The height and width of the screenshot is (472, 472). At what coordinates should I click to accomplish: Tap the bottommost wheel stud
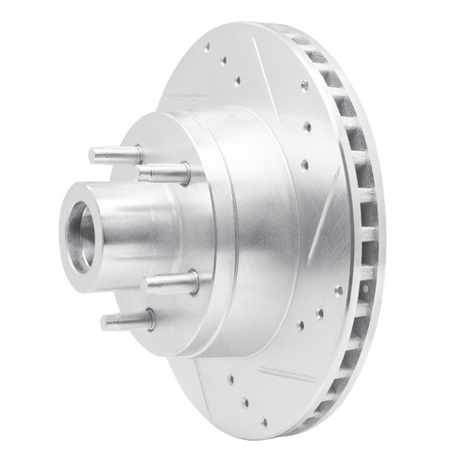tap(126, 322)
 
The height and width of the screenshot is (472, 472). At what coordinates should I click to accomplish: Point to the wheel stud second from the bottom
tap(170, 282)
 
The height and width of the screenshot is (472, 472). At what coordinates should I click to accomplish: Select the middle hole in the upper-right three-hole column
tap(307, 126)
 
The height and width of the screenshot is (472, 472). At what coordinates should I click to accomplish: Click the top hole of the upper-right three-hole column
tap(304, 85)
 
